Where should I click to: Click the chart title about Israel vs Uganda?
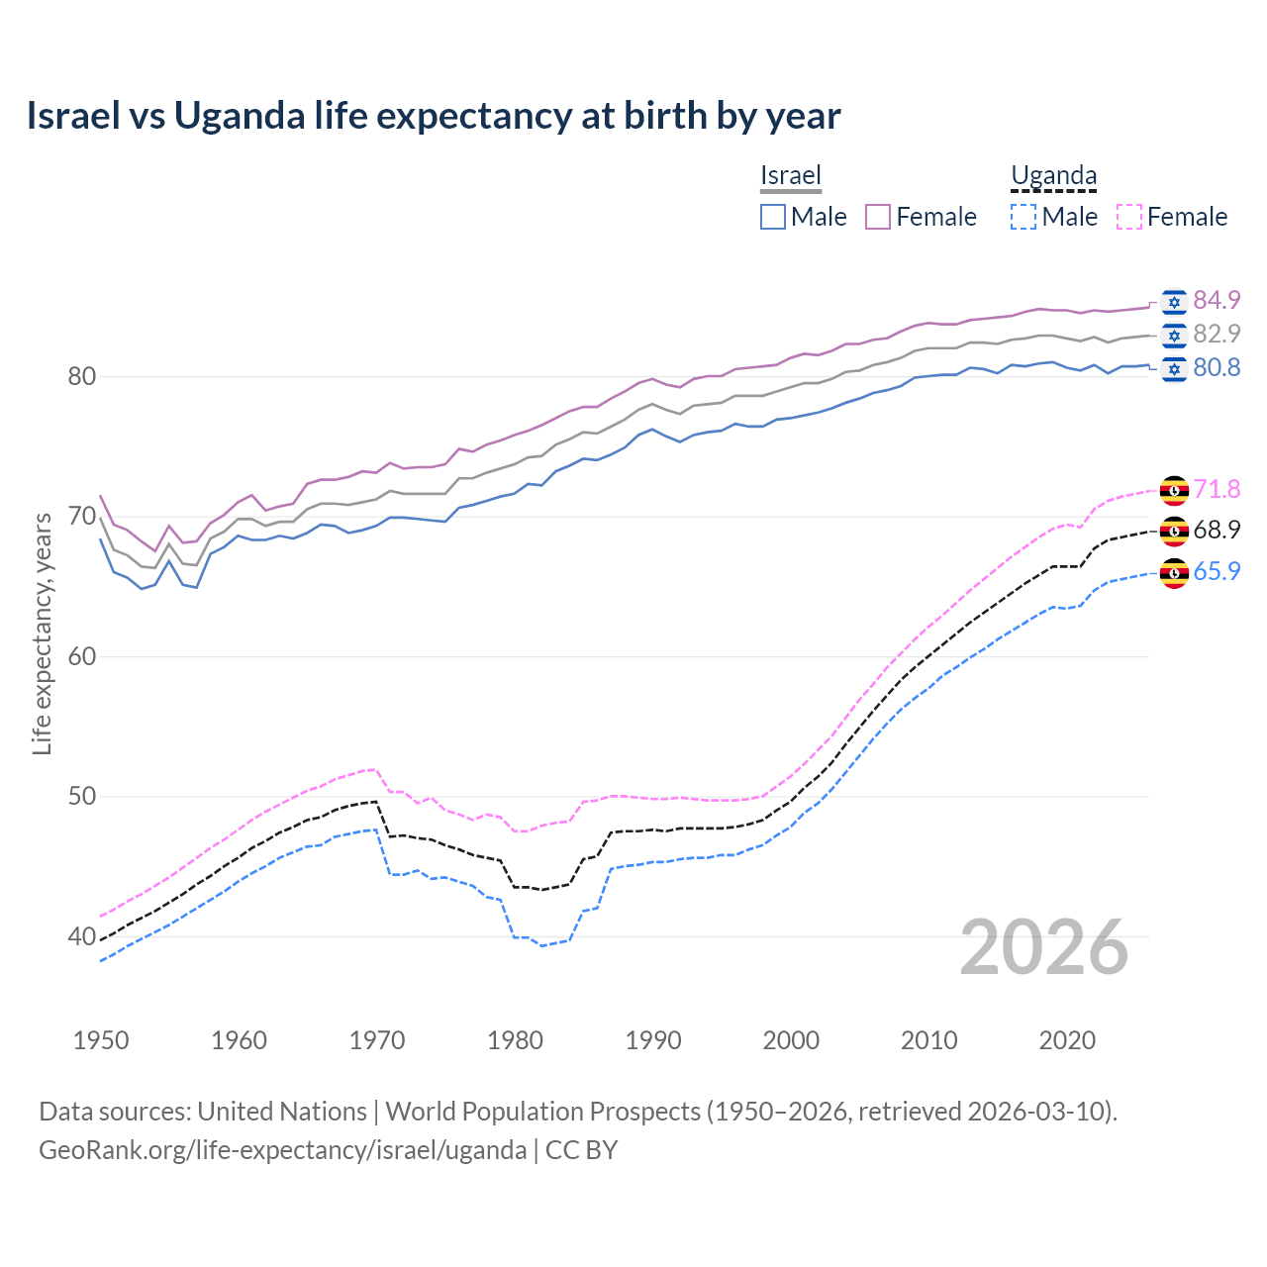(434, 116)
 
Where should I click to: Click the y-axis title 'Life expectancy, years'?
(42, 633)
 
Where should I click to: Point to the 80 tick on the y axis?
(81, 377)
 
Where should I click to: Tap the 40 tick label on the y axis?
(81, 936)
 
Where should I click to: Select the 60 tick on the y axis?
(81, 657)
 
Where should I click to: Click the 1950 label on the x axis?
(101, 1040)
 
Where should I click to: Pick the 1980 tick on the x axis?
(516, 1040)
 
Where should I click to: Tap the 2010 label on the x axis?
(928, 1040)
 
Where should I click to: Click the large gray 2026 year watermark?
(1044, 947)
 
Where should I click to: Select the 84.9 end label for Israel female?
(1217, 300)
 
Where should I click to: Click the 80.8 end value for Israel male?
(1217, 368)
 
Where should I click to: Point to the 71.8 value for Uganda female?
(1217, 489)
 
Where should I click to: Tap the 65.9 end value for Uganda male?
(1217, 572)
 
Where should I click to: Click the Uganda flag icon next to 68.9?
(1174, 531)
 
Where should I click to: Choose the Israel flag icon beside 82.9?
(1174, 335)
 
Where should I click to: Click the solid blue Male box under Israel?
(773, 217)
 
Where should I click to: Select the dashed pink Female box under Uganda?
(1129, 217)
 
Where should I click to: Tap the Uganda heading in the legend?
(1053, 176)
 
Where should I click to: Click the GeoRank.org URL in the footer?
(283, 1150)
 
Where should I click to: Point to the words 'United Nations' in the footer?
(282, 1112)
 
